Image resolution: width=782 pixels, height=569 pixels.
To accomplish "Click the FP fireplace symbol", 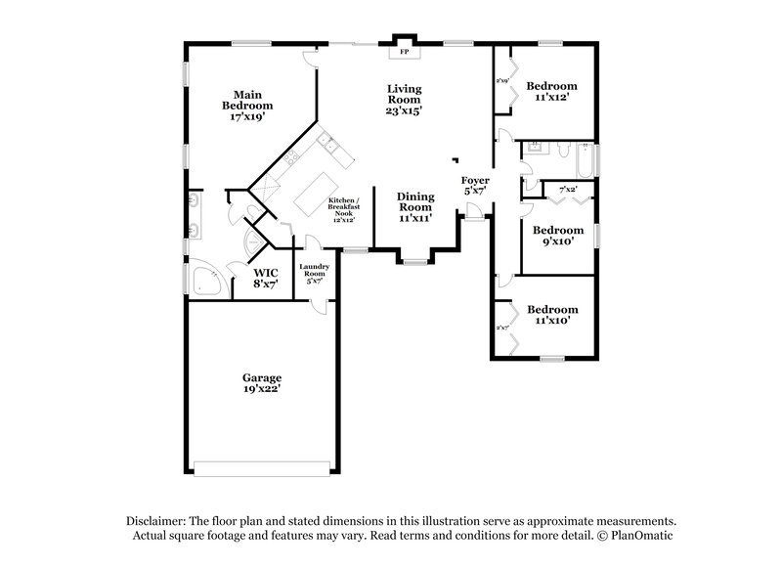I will tap(404, 50).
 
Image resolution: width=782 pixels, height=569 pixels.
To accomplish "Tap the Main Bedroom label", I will tap(246, 105).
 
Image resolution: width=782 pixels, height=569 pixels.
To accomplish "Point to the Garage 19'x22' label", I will tap(262, 382).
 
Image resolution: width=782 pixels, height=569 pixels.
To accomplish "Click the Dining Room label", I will tap(414, 207).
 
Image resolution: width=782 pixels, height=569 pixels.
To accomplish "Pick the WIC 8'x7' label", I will tap(266, 278).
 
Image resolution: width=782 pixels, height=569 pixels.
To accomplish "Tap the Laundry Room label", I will tap(314, 273).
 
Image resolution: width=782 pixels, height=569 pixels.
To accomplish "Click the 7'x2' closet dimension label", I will tap(567, 189).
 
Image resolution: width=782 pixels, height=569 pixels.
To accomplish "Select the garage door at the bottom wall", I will tap(262, 464).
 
